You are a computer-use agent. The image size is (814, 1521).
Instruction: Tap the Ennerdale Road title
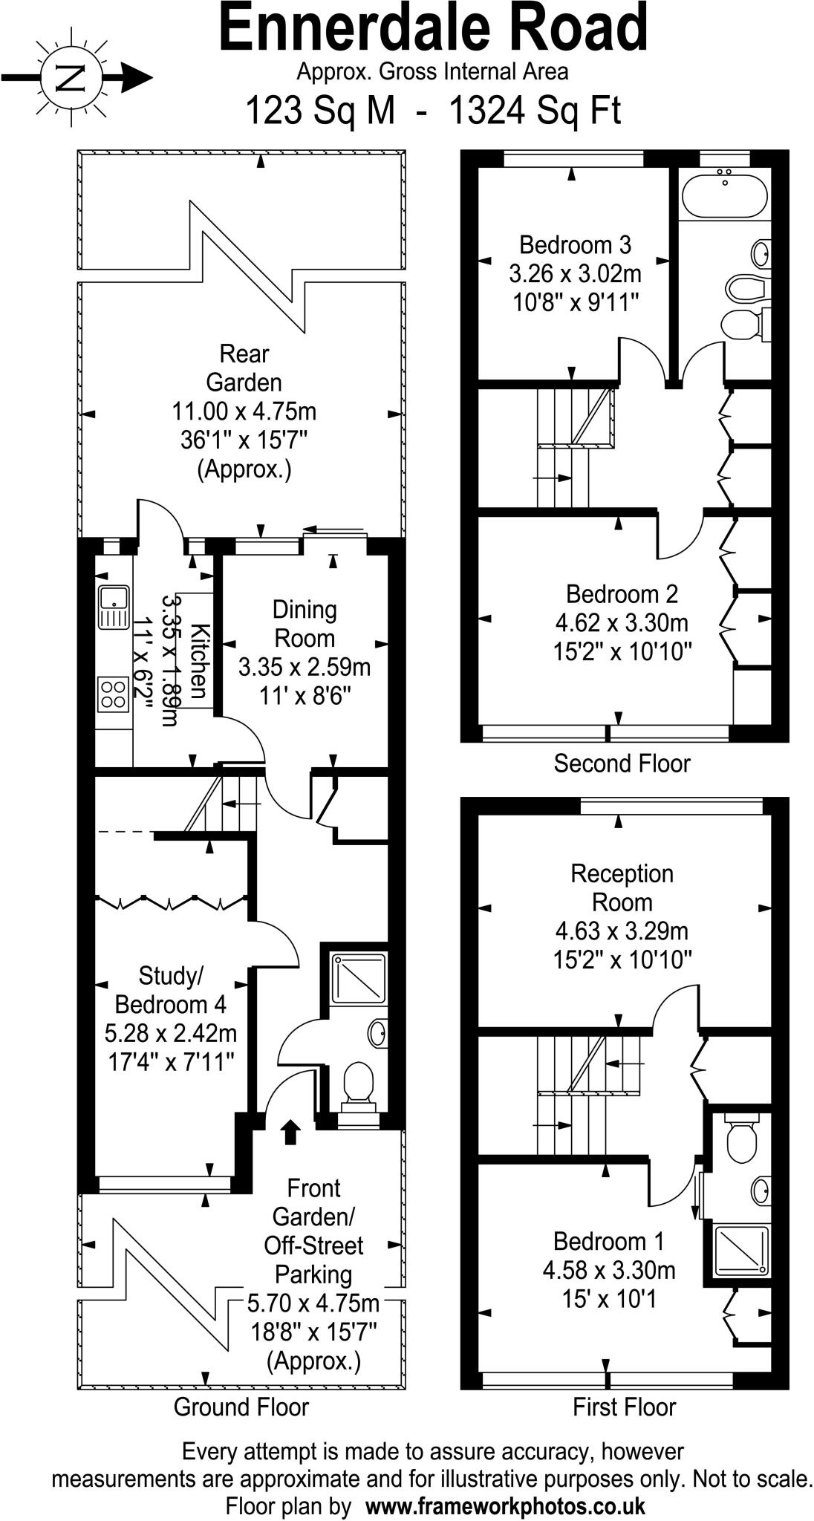[434, 29]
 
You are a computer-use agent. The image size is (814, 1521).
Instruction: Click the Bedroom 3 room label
[575, 244]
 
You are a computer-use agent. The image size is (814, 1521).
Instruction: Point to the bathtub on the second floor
[723, 195]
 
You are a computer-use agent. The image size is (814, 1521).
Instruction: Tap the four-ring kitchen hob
[113, 694]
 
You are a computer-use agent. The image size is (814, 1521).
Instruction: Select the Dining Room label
[305, 624]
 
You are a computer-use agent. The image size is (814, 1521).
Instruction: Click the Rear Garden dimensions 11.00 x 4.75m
[244, 411]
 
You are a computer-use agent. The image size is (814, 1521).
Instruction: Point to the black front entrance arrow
[290, 1132]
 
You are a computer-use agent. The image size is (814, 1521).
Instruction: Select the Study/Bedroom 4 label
[170, 990]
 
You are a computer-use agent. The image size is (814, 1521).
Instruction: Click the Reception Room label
[622, 888]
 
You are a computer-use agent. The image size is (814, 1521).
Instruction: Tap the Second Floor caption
[622, 763]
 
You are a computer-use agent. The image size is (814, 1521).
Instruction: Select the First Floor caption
[624, 1407]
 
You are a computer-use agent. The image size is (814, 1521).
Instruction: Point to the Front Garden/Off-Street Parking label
[313, 1231]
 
